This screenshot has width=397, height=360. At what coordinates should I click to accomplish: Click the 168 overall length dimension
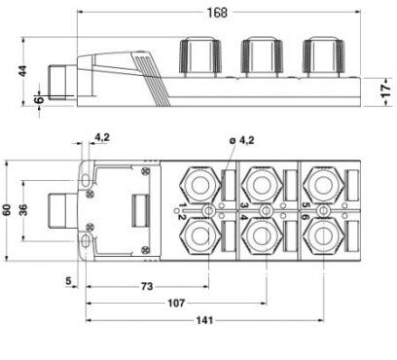pyautogui.click(x=217, y=13)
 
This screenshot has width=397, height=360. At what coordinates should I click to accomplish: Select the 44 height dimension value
pyautogui.click(x=22, y=71)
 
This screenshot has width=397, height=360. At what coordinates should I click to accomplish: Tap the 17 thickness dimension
pyautogui.click(x=386, y=91)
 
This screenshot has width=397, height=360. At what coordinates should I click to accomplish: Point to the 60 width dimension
pyautogui.click(x=7, y=210)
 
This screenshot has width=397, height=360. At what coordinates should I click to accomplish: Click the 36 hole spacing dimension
pyautogui.click(x=23, y=210)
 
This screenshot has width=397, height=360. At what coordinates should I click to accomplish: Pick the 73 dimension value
pyautogui.click(x=147, y=286)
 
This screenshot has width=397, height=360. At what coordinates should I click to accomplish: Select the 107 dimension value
pyautogui.click(x=176, y=304)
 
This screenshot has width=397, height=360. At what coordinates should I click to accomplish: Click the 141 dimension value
pyautogui.click(x=205, y=320)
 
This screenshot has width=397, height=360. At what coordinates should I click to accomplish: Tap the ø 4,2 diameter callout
pyautogui.click(x=241, y=140)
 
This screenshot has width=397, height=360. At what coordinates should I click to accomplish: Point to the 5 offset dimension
pyautogui.click(x=68, y=280)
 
